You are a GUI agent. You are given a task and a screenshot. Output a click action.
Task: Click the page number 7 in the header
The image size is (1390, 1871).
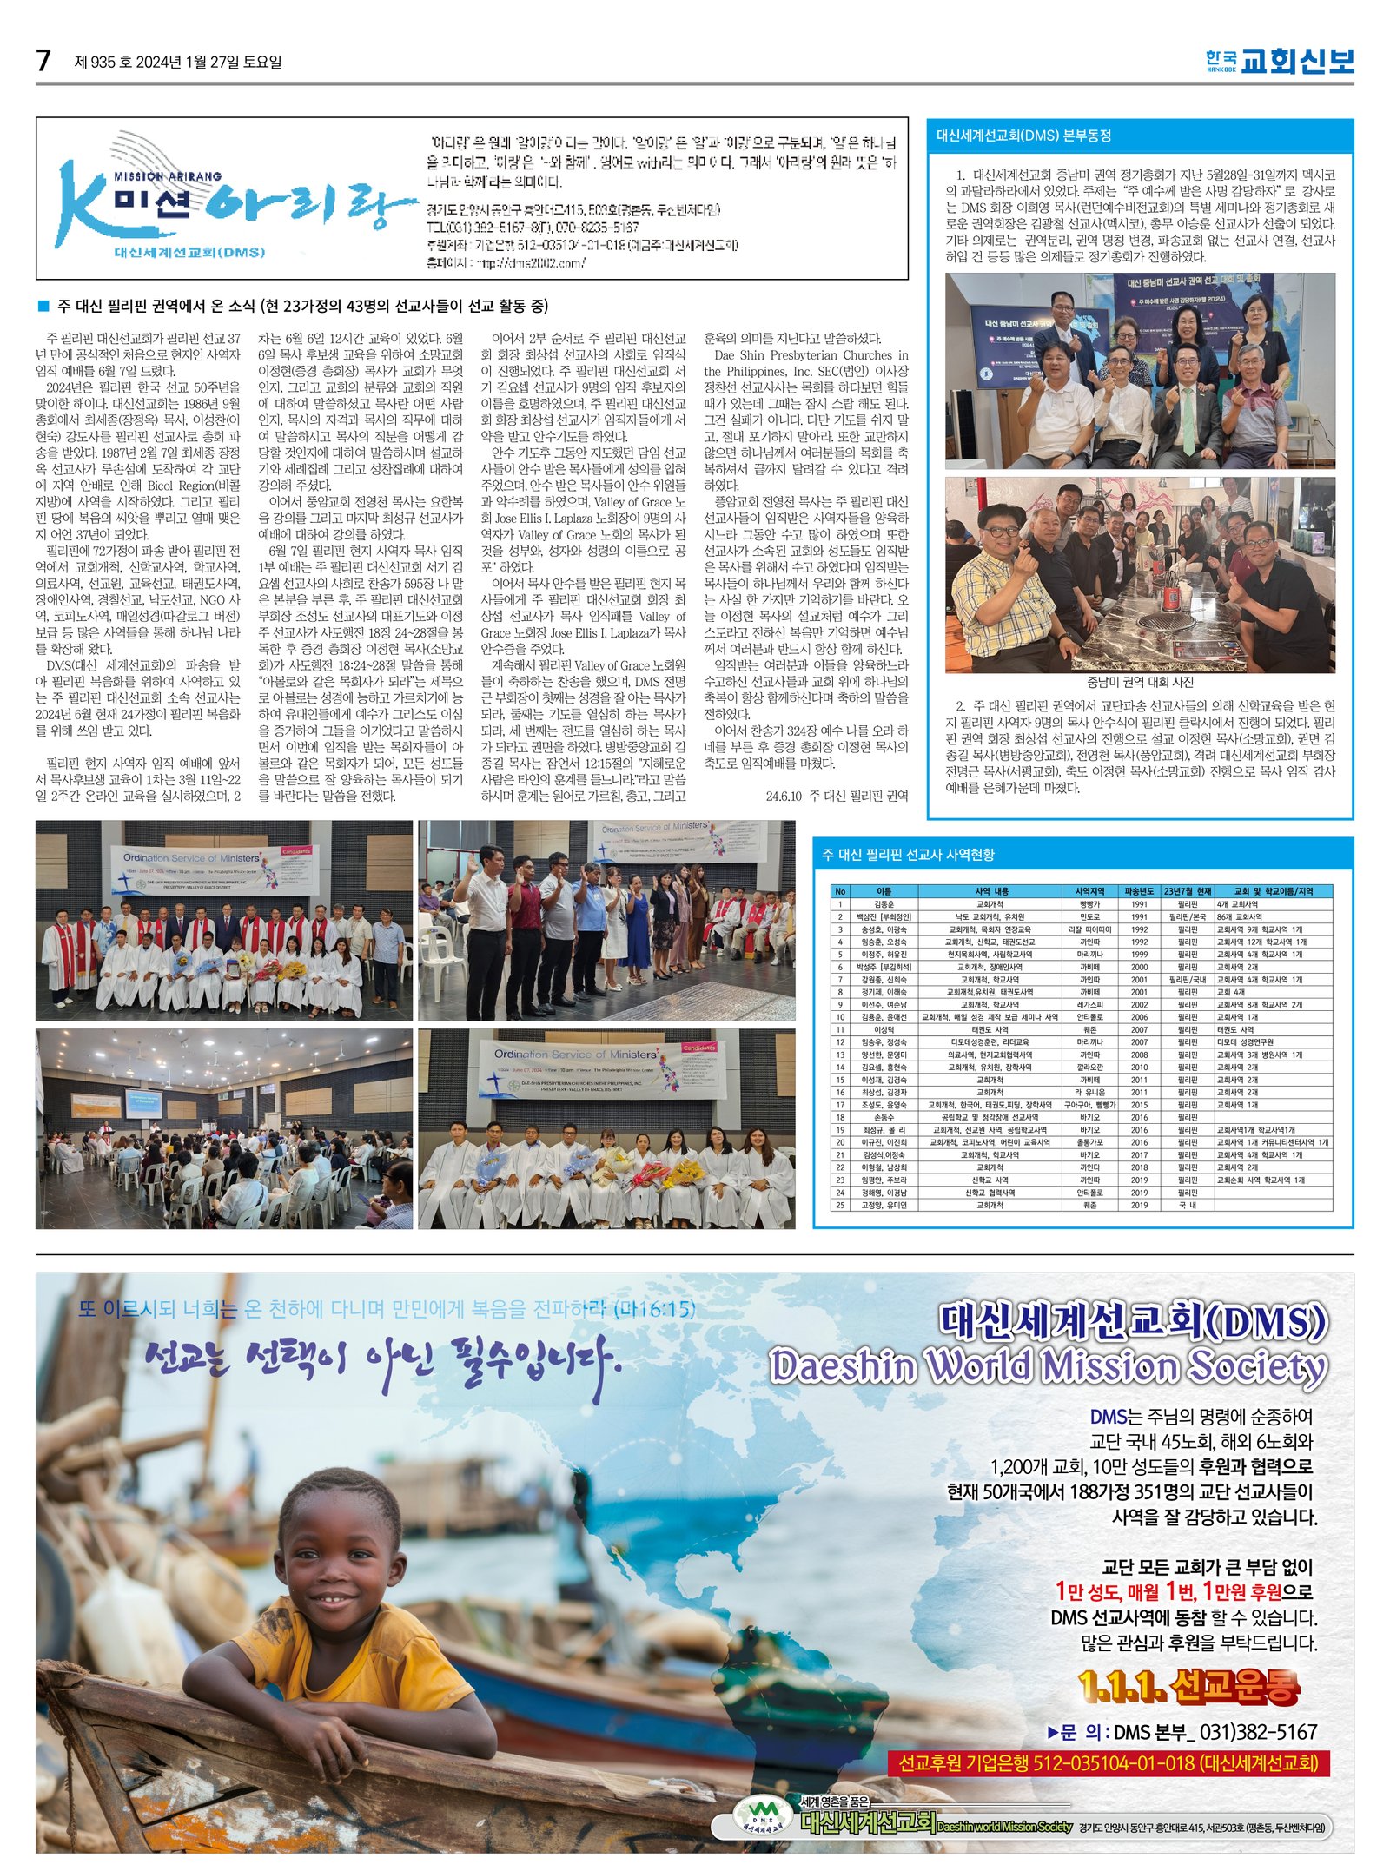43,61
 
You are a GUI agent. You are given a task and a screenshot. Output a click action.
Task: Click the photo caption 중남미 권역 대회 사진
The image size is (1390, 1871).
1140,682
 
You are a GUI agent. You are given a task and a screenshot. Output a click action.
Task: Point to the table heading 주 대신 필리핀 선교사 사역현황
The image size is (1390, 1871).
908,855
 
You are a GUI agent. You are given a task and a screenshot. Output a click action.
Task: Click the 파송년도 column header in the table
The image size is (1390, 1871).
1139,891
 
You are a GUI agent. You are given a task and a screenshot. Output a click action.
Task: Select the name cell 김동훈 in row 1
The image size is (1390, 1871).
883,904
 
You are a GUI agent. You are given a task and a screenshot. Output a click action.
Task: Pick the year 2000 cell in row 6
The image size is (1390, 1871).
1139,967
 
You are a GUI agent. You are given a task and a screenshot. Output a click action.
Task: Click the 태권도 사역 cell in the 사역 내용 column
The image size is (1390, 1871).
990,1029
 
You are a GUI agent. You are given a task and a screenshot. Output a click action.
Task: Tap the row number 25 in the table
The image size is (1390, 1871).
840,1205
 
